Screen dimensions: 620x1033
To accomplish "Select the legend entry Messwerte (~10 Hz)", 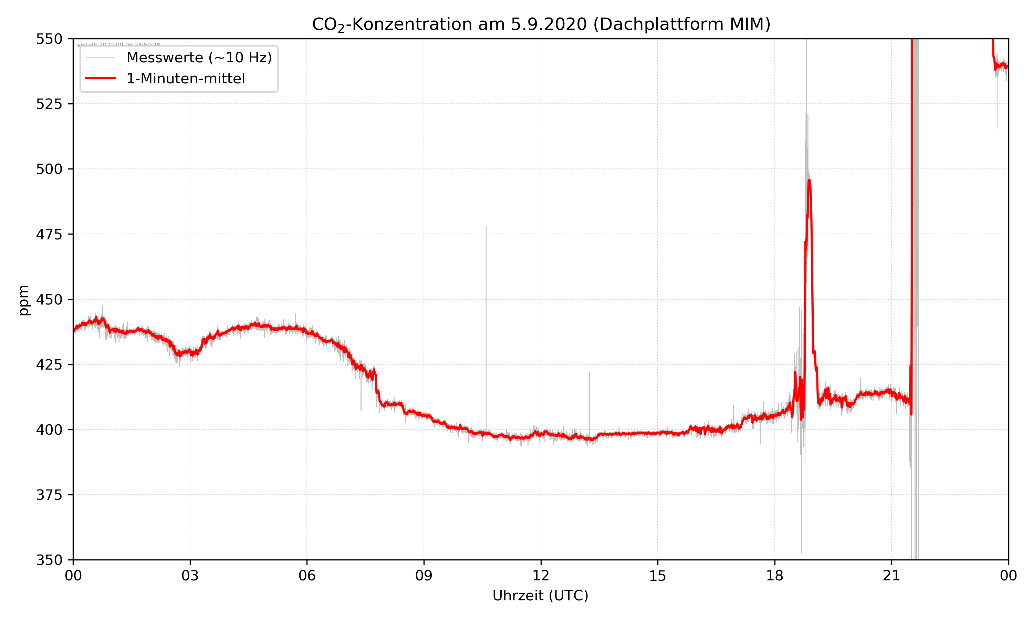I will [199, 58].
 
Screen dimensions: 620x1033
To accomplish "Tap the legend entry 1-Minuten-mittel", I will [185, 79].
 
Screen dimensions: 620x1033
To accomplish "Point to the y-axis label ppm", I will [24, 300].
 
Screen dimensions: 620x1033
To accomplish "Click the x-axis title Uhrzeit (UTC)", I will [540, 596].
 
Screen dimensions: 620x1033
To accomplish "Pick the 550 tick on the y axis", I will [49, 39].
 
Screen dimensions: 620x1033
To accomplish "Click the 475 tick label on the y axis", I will [49, 234].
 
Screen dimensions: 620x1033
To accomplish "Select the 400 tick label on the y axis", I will [49, 430].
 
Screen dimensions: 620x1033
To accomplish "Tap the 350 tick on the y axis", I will [49, 560].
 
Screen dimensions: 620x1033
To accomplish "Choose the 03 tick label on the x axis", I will [190, 576].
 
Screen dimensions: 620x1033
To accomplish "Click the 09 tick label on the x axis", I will [424, 576].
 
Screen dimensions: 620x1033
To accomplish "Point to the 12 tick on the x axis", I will [541, 576].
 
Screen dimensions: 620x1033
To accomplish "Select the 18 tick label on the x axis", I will [774, 576].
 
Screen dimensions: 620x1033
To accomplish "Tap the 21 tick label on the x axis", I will [891, 576].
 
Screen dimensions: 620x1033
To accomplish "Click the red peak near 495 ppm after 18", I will [809, 180].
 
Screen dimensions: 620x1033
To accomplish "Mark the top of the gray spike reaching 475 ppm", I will [486, 227].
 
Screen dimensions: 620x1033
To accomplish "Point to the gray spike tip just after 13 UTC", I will [589, 372].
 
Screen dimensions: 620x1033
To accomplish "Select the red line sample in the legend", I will [100, 79].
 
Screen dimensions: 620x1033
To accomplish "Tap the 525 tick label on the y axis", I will [49, 104].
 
